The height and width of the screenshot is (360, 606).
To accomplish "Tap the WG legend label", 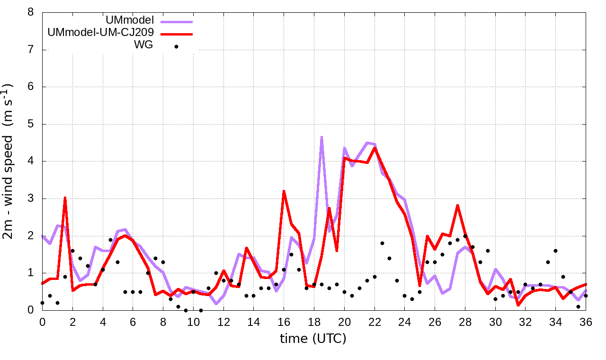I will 143,46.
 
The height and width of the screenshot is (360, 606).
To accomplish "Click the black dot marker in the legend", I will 177,46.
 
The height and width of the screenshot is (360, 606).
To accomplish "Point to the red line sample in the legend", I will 177,34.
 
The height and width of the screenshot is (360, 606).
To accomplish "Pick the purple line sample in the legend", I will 177,21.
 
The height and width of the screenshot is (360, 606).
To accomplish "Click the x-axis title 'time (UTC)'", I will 313,339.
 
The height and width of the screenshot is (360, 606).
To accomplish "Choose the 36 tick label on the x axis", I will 586,322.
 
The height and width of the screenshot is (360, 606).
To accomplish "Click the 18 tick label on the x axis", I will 314,322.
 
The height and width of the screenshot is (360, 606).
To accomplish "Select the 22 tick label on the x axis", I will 374,322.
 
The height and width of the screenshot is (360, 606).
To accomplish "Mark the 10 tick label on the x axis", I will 193,322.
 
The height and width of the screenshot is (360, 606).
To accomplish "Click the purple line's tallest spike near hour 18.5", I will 321,137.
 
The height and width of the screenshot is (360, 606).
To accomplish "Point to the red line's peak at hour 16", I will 284,191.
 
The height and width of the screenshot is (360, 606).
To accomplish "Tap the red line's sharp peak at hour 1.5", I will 65,198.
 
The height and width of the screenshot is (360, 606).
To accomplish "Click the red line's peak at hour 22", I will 374,148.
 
